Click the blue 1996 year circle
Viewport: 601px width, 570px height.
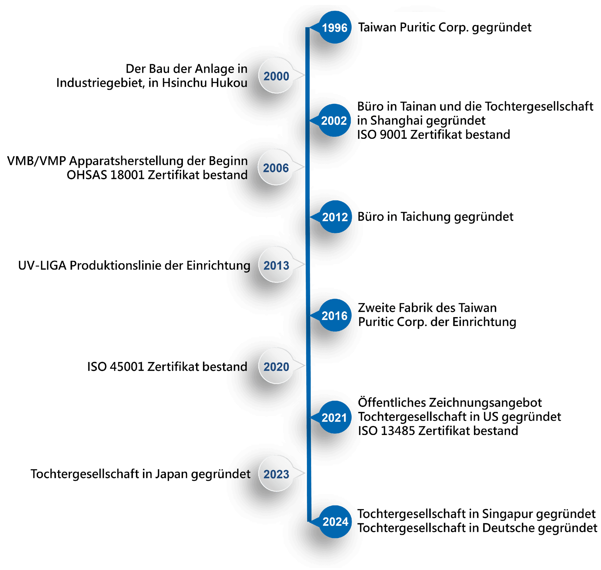pos(335,28)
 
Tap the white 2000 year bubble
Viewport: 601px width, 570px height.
pos(276,76)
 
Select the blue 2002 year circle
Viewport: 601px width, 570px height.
pos(334,121)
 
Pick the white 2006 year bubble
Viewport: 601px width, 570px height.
pos(276,168)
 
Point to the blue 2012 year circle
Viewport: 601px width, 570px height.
pos(335,217)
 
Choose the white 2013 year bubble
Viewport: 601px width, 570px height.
pos(276,265)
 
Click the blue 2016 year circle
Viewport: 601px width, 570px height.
pos(335,316)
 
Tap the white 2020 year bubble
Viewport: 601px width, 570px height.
pos(276,366)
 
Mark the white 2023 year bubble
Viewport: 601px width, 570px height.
pos(276,474)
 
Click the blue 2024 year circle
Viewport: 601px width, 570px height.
pos(335,522)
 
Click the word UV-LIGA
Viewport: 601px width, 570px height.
pos(42,265)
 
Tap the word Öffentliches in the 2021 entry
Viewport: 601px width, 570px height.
pos(392,403)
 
